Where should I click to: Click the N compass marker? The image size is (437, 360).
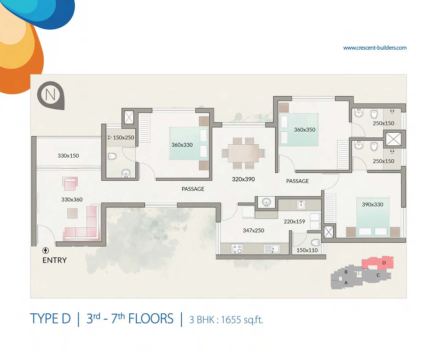[x=51, y=95]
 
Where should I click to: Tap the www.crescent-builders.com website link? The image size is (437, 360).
[x=375, y=48]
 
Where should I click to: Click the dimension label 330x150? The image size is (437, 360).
[x=68, y=156]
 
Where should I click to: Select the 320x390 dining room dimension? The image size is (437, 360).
[x=243, y=179]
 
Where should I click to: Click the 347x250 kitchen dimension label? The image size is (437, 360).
[x=253, y=230]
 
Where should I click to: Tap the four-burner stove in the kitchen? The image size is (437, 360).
[x=237, y=249]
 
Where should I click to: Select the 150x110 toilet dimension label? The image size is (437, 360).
[x=307, y=250]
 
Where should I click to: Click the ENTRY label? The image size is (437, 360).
[x=54, y=260]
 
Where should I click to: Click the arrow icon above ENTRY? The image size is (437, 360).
[x=46, y=251]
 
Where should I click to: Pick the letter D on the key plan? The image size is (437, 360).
[x=384, y=263]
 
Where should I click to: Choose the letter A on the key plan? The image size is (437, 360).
[x=346, y=283]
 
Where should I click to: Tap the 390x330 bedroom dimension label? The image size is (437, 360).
[x=373, y=204]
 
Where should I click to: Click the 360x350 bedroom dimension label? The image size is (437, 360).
[x=304, y=130]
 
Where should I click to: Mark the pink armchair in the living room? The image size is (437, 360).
[x=70, y=184]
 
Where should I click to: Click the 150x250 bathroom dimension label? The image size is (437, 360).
[x=123, y=137]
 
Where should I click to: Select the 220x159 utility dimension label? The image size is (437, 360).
[x=294, y=221]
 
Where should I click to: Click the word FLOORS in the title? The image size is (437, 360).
[x=151, y=319]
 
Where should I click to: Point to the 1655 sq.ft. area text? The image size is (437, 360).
[x=242, y=320]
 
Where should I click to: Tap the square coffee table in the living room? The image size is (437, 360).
[x=72, y=213]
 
